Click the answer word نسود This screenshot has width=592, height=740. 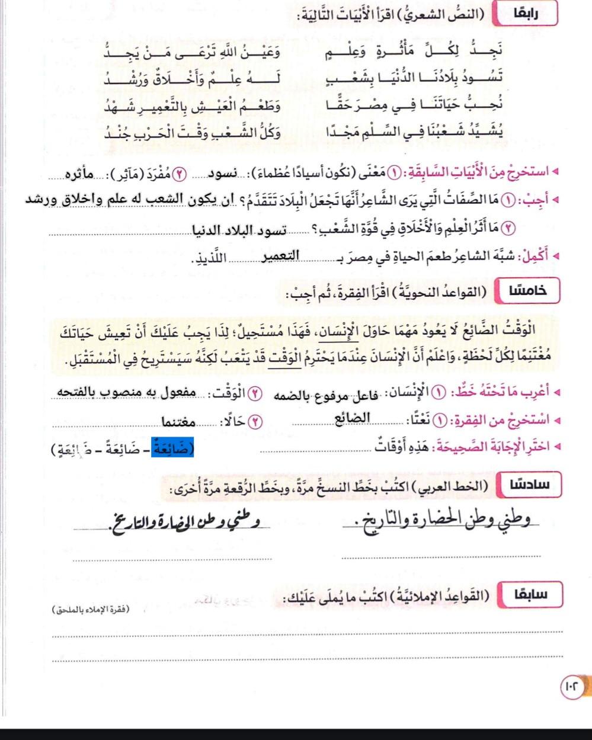coord(216,177)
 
